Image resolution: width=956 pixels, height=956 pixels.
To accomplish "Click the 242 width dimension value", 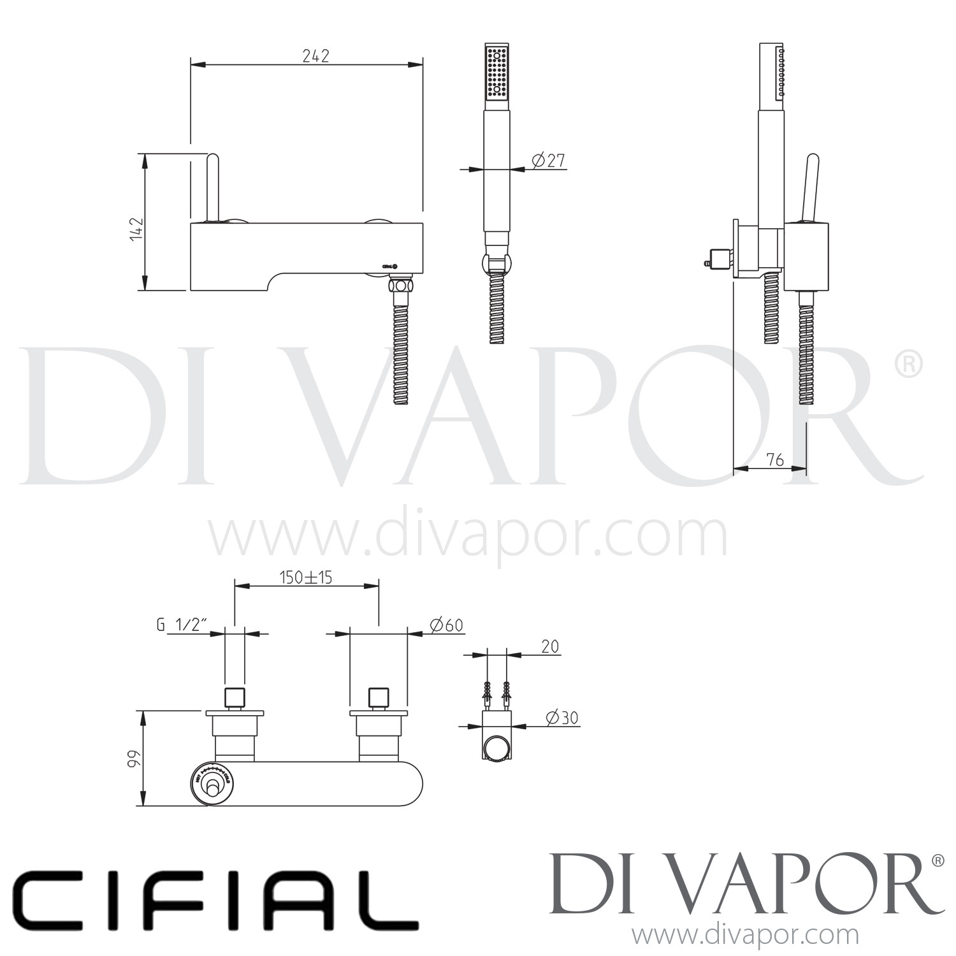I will click(315, 56).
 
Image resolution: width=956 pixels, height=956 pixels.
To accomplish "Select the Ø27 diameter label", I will click(547, 161).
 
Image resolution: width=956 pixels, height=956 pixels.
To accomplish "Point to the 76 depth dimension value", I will click(774, 460).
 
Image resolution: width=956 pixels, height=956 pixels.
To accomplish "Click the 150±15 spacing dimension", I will click(306, 577).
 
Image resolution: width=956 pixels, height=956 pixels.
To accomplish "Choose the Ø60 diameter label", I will click(446, 625).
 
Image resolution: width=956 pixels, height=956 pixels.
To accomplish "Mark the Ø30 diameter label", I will click(562, 718).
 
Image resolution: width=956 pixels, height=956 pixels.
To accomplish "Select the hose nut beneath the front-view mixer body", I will click(402, 285).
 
